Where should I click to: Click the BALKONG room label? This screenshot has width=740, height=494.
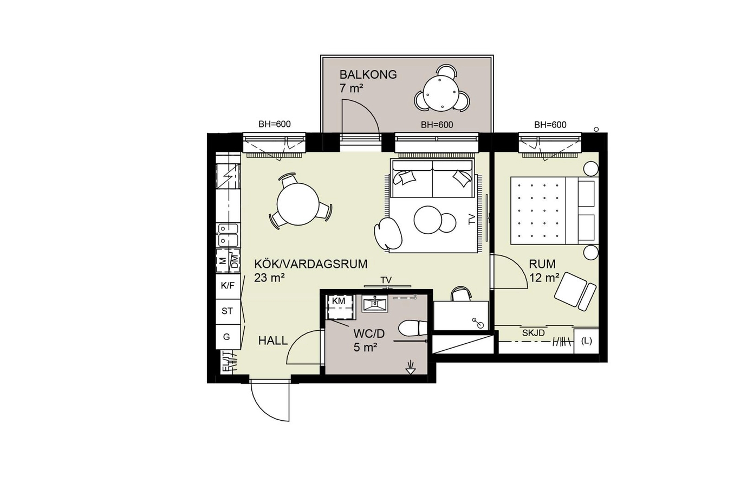pos(368,75)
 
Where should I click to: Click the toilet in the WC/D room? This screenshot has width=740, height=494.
pos(413,329)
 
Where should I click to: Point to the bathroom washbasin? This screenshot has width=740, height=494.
pos(375,304)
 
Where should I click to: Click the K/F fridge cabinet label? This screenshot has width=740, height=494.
pos(228,286)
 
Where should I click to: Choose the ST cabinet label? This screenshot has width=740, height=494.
pos(227,311)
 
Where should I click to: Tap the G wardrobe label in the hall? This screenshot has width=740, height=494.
pos(226,337)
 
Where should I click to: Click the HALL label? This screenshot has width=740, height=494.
pos(273,341)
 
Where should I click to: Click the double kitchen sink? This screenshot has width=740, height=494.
pos(228,235)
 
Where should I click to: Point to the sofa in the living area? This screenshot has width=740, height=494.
pos(432,179)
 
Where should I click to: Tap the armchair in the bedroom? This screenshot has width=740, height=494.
pos(575,291)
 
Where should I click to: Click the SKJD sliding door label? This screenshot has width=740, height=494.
pos(533,333)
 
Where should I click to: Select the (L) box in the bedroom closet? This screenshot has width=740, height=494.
pos(586,341)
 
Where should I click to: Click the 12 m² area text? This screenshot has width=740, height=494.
pos(544,278)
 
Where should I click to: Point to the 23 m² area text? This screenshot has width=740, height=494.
pos(269,278)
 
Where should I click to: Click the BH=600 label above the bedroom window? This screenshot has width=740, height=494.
pos(550,125)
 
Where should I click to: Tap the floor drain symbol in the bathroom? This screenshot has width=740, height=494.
pos(410,368)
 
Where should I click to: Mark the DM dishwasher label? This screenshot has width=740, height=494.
pos(235,261)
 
